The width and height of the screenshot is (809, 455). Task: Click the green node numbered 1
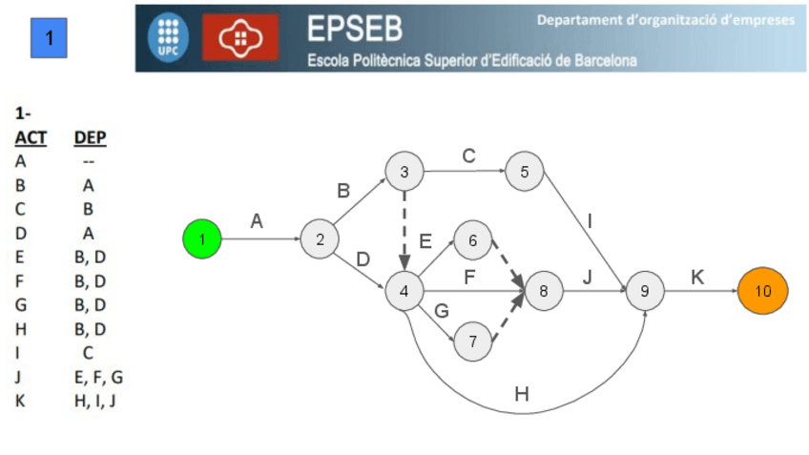click(201, 238)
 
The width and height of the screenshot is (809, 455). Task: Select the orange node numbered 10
click(762, 290)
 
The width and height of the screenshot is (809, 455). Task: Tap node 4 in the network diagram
click(404, 290)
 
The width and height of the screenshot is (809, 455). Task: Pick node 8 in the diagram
click(544, 290)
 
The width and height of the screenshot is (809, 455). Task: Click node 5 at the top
click(525, 172)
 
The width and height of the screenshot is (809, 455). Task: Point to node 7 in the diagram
click(472, 340)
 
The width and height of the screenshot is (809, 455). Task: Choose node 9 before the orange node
click(645, 290)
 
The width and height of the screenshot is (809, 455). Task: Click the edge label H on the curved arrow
click(521, 394)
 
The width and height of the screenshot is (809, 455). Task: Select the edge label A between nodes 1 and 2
click(257, 220)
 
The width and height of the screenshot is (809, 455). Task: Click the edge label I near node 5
click(590, 221)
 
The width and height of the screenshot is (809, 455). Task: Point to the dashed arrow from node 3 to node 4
click(404, 229)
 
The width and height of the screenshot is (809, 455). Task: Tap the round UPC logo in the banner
click(168, 37)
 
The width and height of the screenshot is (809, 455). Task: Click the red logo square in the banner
click(240, 37)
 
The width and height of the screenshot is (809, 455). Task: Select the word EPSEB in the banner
click(354, 30)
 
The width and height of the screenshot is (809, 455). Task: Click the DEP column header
click(90, 138)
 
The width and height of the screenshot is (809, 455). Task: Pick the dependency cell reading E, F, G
click(98, 377)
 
